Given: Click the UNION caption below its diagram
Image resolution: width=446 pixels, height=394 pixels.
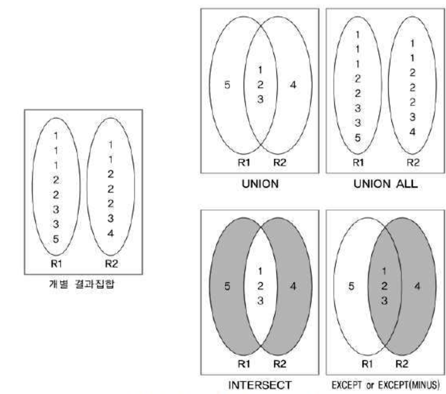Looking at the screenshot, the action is (260, 184).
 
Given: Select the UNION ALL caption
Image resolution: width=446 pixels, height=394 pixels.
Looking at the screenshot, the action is (385, 184).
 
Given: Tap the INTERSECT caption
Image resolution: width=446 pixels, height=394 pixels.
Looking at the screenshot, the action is (260, 385).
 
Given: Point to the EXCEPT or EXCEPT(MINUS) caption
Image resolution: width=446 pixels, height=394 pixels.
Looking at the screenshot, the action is (385, 385).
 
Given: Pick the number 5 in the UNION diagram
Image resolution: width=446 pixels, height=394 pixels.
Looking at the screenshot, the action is (227, 85).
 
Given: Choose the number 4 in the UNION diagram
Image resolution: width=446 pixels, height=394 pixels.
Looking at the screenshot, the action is (293, 85).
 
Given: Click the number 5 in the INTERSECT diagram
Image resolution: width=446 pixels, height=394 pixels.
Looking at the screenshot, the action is (227, 286).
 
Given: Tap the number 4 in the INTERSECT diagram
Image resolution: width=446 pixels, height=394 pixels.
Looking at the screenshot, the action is (293, 286).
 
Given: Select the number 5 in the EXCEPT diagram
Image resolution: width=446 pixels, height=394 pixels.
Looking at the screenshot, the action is (351, 286).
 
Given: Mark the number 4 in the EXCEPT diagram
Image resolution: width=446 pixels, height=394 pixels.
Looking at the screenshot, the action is (417, 286).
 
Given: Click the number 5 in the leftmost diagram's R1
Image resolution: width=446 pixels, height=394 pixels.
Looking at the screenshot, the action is (56, 239).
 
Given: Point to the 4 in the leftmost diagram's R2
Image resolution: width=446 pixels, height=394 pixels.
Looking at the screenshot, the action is (110, 233).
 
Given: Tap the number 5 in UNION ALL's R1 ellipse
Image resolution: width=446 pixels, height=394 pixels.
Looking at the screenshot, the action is (357, 138).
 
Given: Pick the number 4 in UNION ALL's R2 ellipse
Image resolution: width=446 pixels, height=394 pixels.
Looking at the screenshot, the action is (412, 132).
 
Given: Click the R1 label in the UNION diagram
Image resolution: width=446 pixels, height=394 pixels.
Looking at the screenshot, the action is (244, 163).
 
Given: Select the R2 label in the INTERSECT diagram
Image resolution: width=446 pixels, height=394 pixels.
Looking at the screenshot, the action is (279, 364).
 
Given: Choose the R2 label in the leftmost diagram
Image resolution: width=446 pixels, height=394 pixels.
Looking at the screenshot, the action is (111, 264).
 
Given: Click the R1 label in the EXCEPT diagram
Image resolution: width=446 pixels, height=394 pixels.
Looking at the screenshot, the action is (367, 364).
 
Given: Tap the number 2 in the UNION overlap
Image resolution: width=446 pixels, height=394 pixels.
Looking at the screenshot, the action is (260, 85).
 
